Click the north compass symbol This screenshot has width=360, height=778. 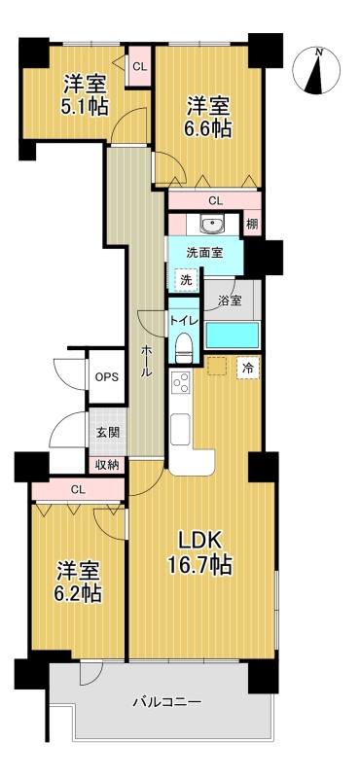point(316,70)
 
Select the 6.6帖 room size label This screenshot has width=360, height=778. point(208,129)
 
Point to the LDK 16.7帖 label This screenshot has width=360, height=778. point(198,551)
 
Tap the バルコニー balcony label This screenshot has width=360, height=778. point(166,702)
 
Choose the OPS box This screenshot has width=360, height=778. point(106,377)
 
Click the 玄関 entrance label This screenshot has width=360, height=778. point(107,432)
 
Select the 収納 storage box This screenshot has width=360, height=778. point(107,466)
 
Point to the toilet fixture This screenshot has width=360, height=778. point(184,348)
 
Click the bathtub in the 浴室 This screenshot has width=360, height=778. point(233,336)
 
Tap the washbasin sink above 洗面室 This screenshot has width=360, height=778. point(213,226)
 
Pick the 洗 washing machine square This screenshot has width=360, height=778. point(186,279)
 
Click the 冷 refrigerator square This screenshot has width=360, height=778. point(248,369)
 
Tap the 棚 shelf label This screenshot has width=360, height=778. point(252,225)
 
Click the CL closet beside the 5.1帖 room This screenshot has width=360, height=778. point(139,66)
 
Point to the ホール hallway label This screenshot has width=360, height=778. point(146,363)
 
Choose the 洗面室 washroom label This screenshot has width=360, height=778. point(204,252)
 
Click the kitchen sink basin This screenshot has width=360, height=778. point(180,430)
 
